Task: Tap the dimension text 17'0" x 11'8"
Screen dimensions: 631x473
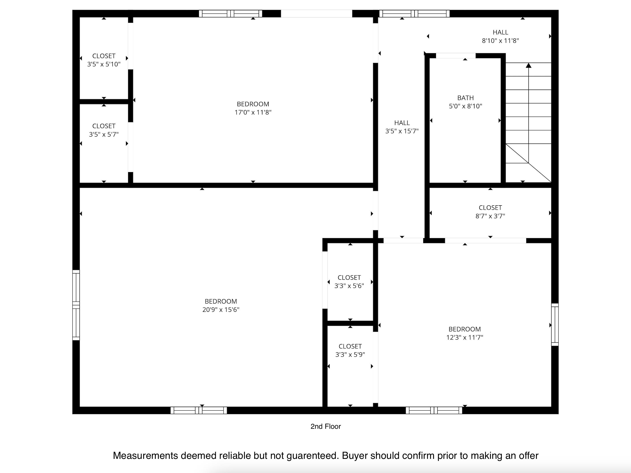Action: (253, 112)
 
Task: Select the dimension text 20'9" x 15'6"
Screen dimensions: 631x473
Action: (221, 310)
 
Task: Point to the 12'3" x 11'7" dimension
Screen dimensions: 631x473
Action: (465, 337)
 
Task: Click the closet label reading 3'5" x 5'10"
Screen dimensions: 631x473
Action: (104, 64)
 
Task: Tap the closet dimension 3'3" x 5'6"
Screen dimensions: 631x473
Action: (349, 286)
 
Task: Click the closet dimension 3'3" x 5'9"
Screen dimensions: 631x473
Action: (350, 355)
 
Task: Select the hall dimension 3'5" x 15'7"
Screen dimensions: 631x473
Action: (402, 131)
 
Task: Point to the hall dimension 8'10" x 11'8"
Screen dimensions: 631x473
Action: (500, 41)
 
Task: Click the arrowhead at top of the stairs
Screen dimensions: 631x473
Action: (529, 66)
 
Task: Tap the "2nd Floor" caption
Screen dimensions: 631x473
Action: (326, 427)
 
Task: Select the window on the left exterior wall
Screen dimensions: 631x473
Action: (76, 305)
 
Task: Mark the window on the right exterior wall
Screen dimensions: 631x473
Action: (555, 324)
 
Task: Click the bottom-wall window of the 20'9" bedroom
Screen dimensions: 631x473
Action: (199, 410)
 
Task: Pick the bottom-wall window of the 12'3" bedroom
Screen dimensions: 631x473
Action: (434, 410)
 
